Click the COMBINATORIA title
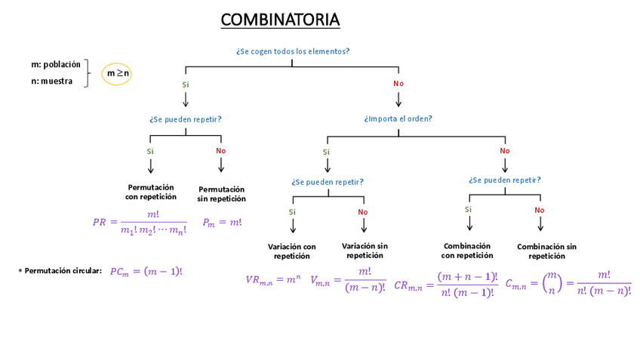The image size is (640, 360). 280,20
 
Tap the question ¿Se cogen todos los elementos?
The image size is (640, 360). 292,51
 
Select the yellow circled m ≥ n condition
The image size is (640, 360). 117,73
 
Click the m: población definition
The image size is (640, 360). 55,65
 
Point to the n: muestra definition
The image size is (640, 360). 51,82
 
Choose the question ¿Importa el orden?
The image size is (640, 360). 398,118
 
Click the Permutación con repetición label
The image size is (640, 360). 151,192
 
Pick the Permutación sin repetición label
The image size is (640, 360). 221,194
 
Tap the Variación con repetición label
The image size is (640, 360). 292,251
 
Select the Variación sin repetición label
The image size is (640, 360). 365,251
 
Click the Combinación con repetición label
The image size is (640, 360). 467,251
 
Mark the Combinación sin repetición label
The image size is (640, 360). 546,251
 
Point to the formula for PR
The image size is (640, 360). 140,222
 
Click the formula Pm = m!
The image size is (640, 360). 223,223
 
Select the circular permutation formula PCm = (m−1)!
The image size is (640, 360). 146,272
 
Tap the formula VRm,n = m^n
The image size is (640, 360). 272,280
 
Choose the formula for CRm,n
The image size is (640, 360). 446,285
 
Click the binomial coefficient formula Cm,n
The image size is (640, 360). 568,284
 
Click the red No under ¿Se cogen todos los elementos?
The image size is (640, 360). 398,83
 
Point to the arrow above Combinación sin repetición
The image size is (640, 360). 540,225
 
